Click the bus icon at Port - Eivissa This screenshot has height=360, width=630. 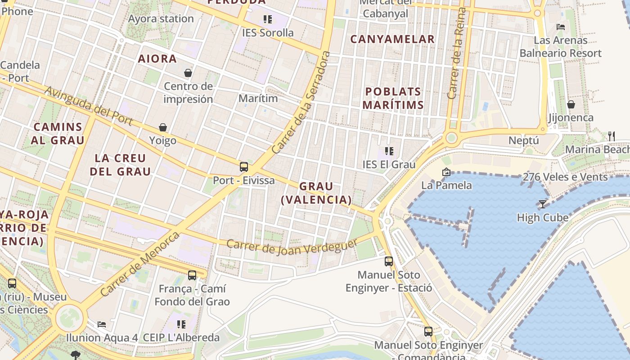click(x=243, y=167)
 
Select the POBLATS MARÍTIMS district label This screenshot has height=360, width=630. click(x=393, y=98)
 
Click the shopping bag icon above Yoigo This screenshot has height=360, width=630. click(x=163, y=127)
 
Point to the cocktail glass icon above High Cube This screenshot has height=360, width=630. click(x=543, y=204)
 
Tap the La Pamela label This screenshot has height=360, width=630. click(x=446, y=185)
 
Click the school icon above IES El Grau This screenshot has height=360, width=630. click(x=389, y=151)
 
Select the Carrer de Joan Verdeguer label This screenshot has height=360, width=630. click(x=292, y=247)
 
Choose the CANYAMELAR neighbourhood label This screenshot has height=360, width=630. click(x=392, y=39)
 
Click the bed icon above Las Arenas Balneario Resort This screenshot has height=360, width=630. click(x=560, y=27)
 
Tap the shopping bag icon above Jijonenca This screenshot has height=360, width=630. click(x=571, y=104)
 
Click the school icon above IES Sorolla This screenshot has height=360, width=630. click(x=268, y=19)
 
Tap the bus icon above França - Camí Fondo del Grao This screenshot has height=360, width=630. click(x=192, y=275)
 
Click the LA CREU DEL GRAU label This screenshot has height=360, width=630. click(x=120, y=165)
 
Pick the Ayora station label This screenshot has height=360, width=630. click(x=161, y=19)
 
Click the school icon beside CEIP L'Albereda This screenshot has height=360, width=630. click(x=181, y=324)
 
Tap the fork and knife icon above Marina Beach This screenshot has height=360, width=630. click(x=611, y=136)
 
